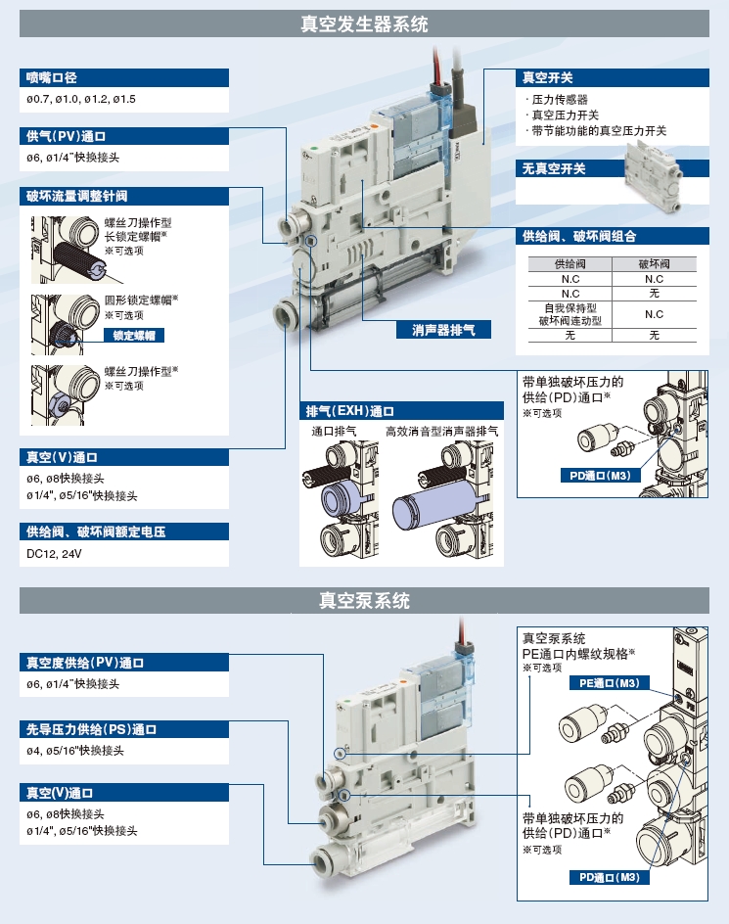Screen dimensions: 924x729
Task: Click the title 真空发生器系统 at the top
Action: pos(364,24)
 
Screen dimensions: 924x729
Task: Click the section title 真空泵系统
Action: pos(364,601)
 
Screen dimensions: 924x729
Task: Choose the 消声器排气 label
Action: pos(436,330)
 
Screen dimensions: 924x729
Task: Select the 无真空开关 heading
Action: pos(554,168)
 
